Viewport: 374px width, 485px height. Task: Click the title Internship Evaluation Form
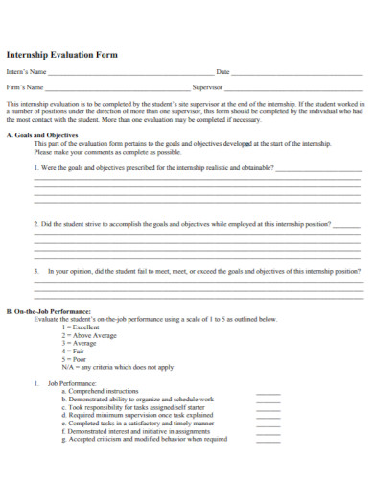coord(62,55)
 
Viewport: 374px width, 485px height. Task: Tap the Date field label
coord(222,72)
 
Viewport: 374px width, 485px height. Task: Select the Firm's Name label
coord(26,87)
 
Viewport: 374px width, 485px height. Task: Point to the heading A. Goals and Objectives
coord(39,135)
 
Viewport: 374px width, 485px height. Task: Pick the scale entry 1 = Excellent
coord(81,327)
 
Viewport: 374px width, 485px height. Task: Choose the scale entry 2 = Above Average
coord(89,335)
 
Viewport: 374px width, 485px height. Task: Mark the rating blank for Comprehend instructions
coord(269,394)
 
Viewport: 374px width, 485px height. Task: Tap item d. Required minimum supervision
coord(144,416)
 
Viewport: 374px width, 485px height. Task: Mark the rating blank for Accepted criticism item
coord(269,441)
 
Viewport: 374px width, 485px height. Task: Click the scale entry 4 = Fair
coord(74,352)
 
